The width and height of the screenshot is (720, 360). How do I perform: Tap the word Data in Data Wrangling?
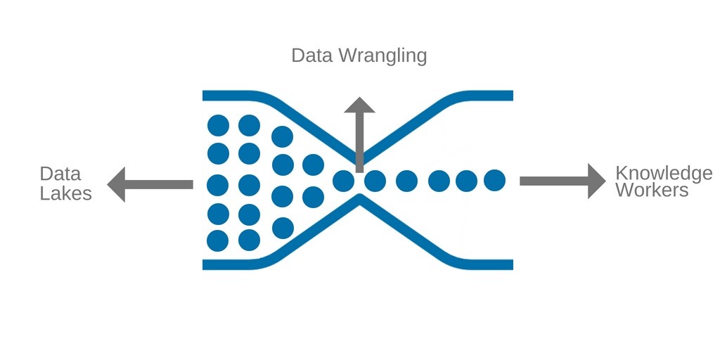pyautogui.click(x=312, y=55)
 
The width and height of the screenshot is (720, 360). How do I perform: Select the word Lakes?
pyautogui.click(x=65, y=193)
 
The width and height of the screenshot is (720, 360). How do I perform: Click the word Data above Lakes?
pyautogui.click(x=60, y=174)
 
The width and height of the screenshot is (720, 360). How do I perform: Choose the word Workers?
pyautogui.click(x=652, y=190)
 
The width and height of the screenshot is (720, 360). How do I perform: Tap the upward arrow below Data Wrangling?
pyautogui.click(x=359, y=134)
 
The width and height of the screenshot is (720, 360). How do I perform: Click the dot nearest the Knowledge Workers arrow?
pyautogui.click(x=494, y=181)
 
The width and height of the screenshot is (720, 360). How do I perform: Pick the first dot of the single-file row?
pyautogui.click(x=343, y=181)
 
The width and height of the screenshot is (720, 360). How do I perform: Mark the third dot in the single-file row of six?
pyautogui.click(x=406, y=181)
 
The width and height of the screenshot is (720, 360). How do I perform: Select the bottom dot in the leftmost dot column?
pyautogui.click(x=218, y=240)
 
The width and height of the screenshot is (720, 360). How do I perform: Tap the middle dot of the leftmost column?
pyautogui.click(x=218, y=185)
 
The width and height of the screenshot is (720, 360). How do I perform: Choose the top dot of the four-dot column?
pyautogui.click(x=282, y=136)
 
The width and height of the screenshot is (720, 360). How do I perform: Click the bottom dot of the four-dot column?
pyautogui.click(x=282, y=228)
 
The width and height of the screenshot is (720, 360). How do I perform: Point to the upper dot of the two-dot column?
pyautogui.click(x=313, y=165)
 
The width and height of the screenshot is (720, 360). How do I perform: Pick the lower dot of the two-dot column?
pyautogui.click(x=313, y=197)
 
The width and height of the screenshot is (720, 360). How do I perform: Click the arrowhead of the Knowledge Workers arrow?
pyautogui.click(x=596, y=181)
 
